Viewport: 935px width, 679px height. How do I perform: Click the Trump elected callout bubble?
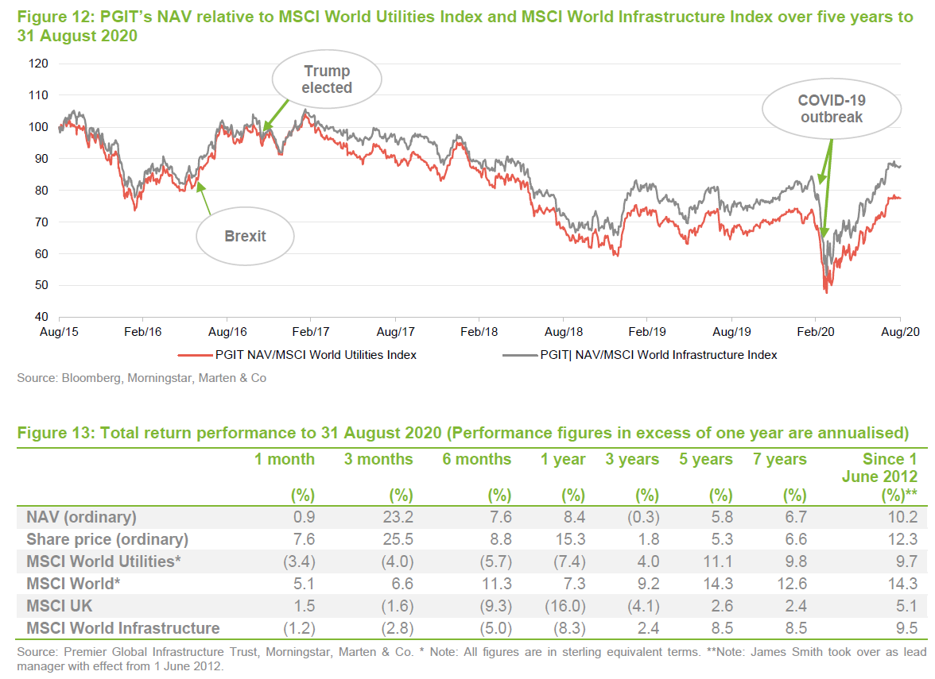click(x=327, y=80)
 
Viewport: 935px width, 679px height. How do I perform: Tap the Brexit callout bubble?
click(x=245, y=236)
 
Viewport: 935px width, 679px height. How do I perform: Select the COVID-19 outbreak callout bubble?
click(x=832, y=109)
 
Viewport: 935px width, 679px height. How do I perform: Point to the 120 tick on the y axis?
click(x=37, y=64)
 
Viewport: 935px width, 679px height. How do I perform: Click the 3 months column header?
click(x=378, y=460)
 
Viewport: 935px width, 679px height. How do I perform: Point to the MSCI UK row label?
click(x=60, y=606)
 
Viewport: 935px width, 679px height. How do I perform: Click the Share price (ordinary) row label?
click(x=107, y=539)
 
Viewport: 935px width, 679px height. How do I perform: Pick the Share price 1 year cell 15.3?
click(x=571, y=539)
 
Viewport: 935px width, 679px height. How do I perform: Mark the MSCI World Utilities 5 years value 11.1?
click(x=719, y=561)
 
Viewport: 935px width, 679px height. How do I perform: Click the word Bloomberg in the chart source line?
click(x=85, y=379)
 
